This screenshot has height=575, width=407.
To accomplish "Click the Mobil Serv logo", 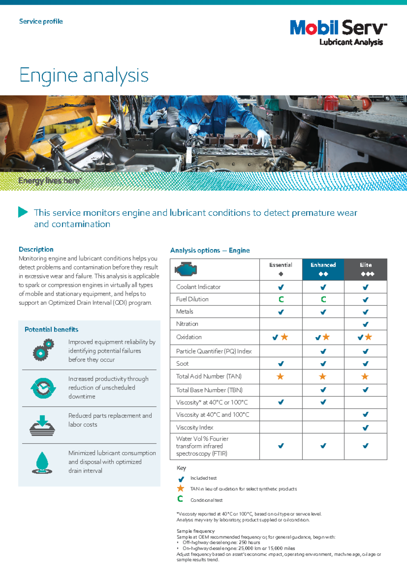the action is pyautogui.click(x=338, y=33).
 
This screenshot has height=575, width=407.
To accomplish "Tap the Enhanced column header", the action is pyautogui.click(x=323, y=269).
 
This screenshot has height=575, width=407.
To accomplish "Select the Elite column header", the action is pyautogui.click(x=366, y=269).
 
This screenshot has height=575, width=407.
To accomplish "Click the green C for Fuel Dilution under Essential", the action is pyautogui.click(x=281, y=299).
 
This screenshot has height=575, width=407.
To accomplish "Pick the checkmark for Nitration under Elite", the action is pyautogui.click(x=365, y=324).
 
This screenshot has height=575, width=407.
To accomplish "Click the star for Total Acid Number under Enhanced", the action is pyautogui.click(x=323, y=377).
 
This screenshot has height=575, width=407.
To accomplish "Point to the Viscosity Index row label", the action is pyautogui.click(x=195, y=427).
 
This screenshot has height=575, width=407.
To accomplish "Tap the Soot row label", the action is pyautogui.click(x=182, y=363).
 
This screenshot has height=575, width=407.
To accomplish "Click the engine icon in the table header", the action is pyautogui.click(x=186, y=269).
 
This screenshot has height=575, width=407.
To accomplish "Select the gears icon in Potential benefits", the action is pyautogui.click(x=43, y=350).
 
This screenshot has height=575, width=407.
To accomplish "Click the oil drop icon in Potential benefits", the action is pyautogui.click(x=42, y=463).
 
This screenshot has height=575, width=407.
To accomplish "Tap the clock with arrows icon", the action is pyautogui.click(x=43, y=388).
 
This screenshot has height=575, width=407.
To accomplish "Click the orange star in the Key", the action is pyautogui.click(x=181, y=488).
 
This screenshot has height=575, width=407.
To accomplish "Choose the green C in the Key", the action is pyautogui.click(x=180, y=499).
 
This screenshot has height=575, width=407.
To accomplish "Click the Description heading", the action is pyautogui.click(x=36, y=249).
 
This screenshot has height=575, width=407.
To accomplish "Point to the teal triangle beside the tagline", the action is pyautogui.click(x=23, y=212).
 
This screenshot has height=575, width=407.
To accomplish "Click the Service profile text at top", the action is pyautogui.click(x=41, y=21).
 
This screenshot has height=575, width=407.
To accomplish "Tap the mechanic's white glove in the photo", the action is pyautogui.click(x=263, y=138).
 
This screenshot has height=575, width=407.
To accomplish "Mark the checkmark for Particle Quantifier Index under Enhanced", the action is pyautogui.click(x=323, y=351).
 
